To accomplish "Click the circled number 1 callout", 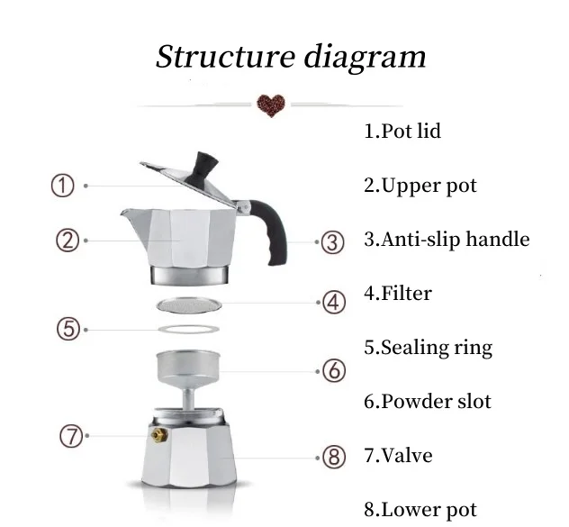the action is (x=60, y=186).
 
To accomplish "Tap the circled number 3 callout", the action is (x=333, y=241).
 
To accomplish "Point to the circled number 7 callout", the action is (x=71, y=436).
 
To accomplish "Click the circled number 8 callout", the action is (x=334, y=457).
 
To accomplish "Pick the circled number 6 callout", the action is (x=333, y=370).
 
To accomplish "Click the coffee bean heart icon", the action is (x=270, y=104).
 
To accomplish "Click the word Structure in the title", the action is (x=221, y=57).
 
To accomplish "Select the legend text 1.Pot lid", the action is (x=402, y=132).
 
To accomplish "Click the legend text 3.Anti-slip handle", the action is (x=447, y=240).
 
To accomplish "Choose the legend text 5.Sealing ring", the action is (x=428, y=348).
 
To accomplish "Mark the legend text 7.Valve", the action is (x=398, y=456).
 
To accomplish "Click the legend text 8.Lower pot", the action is (x=420, y=510).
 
